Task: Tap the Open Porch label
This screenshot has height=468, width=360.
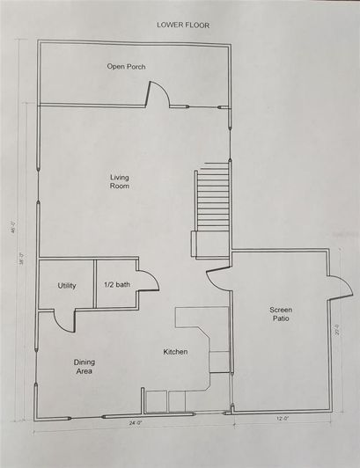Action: pos(126,67)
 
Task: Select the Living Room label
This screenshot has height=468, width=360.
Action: pos(120,182)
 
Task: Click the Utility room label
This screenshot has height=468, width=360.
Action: pos(67,286)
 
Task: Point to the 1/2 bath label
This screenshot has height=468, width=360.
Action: pos(115,286)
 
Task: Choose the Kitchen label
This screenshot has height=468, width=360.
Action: pos(175,353)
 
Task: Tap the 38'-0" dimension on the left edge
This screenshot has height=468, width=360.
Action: pos(25,260)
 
